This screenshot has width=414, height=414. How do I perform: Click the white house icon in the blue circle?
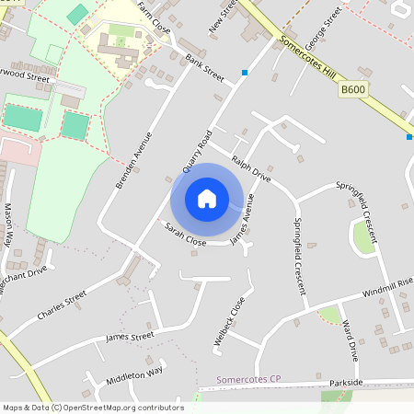[207, 199]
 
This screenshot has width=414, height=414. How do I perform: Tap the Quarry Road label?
[198, 151]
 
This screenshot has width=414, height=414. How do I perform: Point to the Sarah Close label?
[185, 233]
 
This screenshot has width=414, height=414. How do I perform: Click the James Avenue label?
[241, 224]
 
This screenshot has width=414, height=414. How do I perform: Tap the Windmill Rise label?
[386, 288]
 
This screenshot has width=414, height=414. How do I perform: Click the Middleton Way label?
[134, 374]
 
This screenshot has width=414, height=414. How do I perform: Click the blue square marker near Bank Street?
[245, 72]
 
